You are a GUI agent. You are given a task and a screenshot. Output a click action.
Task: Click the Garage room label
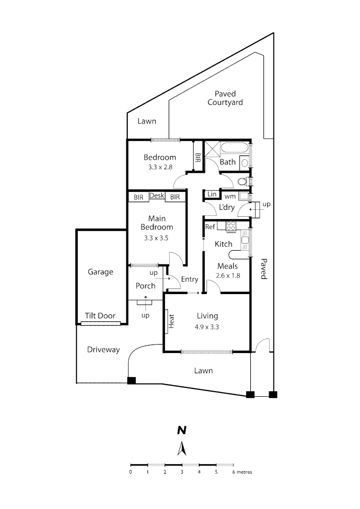(100, 272)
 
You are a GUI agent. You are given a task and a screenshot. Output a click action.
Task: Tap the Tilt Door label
(100, 315)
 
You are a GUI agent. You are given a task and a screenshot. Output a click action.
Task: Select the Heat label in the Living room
(171, 321)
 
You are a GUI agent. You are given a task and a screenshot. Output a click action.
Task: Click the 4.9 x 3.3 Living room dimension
(207, 327)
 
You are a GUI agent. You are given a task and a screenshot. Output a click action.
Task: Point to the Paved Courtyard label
(225, 98)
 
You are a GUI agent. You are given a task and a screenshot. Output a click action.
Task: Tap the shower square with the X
(212, 149)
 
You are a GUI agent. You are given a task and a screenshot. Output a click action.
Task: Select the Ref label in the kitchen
(210, 227)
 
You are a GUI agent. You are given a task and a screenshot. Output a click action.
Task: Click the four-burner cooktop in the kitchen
(231, 226)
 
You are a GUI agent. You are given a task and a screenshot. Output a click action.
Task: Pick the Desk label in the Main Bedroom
(157, 196)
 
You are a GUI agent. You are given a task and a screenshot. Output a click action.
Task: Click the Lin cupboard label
(212, 194)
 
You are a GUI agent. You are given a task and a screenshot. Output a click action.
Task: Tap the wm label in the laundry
(230, 197)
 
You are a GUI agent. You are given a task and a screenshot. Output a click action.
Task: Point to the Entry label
(189, 279)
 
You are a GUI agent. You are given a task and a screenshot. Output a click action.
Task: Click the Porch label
(146, 286)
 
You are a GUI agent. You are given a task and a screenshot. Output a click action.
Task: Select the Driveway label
(103, 350)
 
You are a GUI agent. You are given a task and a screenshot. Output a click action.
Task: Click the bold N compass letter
(182, 430)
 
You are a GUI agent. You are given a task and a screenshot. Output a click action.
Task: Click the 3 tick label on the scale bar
(182, 472)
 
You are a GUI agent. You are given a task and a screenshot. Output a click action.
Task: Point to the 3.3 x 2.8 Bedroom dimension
(160, 167)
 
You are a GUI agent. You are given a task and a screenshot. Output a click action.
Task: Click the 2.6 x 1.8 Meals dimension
(228, 276)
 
